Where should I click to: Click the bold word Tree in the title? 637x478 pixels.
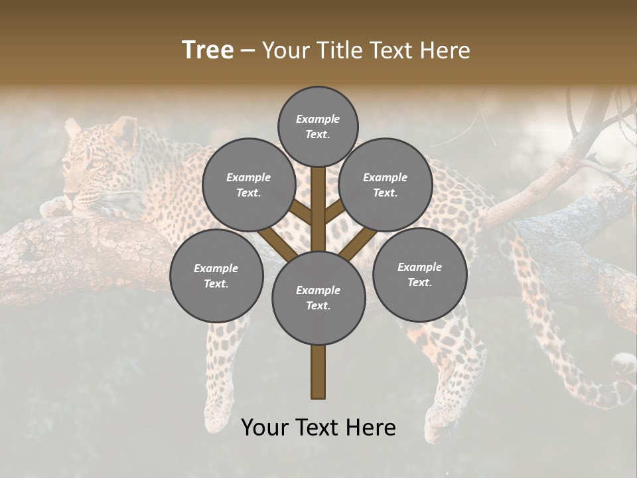tap(208, 50)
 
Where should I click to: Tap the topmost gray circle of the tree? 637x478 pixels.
tap(318, 126)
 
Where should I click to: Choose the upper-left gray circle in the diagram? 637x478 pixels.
tap(249, 185)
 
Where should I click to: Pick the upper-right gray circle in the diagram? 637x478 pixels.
tap(385, 185)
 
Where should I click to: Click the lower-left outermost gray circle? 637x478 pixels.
tap(216, 276)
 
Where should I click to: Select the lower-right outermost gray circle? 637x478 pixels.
tap(419, 274)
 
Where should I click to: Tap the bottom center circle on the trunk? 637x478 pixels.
tap(318, 297)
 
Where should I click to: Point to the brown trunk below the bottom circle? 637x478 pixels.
tap(318, 372)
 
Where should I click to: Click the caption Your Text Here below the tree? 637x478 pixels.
tap(318, 428)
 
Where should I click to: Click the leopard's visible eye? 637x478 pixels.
tap(96, 165)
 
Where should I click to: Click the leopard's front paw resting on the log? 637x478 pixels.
tap(54, 208)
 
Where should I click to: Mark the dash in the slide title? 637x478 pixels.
tap(248, 51)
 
